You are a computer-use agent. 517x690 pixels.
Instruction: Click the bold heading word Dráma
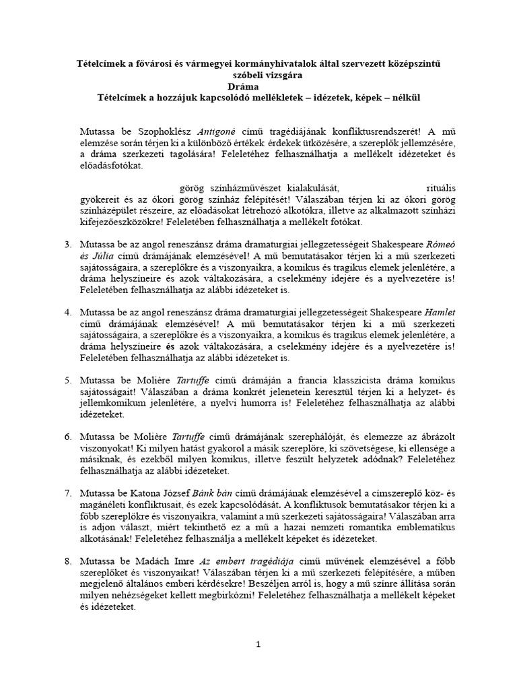tap(258, 86)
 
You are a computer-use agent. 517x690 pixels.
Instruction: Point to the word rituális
tap(426, 187)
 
